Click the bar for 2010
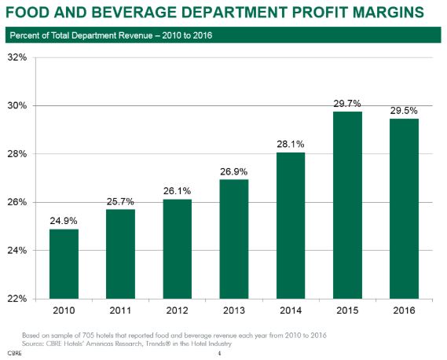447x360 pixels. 64,263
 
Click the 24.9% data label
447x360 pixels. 64,219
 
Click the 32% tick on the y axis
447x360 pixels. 17,57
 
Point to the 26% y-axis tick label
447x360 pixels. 17,202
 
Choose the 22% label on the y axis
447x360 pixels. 17,299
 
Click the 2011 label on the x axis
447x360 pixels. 119,310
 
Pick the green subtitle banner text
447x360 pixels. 110,35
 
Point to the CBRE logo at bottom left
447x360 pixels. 15,354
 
